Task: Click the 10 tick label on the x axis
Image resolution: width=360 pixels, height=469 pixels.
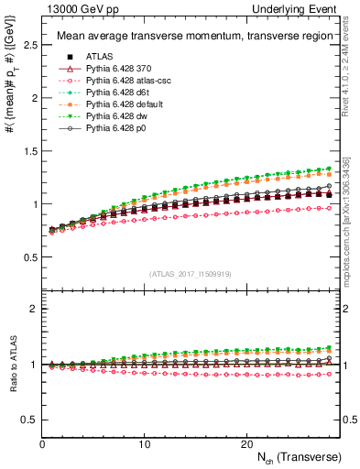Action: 144,443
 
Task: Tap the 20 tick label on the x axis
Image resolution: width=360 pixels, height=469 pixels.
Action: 246,443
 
